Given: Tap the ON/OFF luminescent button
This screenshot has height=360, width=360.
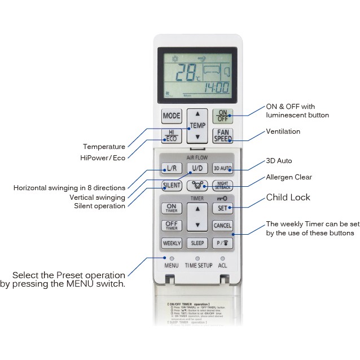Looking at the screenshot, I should [x=223, y=116].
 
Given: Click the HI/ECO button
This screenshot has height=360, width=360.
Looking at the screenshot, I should [x=172, y=136].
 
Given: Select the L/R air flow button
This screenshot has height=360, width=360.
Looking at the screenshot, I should [x=171, y=168].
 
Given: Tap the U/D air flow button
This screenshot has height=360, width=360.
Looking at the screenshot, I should [x=197, y=168].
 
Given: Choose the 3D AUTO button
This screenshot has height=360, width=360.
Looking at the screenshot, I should [x=223, y=168].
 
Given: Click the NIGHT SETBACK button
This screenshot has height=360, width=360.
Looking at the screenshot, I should [x=223, y=185].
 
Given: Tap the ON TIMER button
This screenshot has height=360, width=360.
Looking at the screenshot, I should [x=171, y=208].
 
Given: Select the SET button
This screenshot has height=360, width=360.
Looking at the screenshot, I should [x=222, y=208].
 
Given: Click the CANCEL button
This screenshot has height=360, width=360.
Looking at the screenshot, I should [x=222, y=225].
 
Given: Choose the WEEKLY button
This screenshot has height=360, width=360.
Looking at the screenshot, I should [x=172, y=243].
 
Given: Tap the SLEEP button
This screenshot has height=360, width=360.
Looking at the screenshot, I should [x=197, y=243].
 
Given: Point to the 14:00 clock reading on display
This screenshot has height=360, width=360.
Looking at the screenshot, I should [x=216, y=88].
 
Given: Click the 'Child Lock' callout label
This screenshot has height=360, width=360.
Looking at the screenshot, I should [x=288, y=197].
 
